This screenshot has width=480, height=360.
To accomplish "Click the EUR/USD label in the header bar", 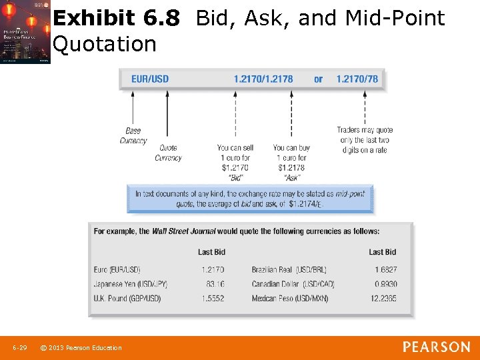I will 150,79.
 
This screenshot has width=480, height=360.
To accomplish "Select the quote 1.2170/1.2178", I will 263,79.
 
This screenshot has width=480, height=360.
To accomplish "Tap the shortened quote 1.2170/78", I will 357,79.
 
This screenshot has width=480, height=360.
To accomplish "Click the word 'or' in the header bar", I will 318,79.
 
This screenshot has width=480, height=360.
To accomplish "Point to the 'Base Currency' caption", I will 133,135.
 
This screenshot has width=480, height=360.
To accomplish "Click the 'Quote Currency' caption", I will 168,153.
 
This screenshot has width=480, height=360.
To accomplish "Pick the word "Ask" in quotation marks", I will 292,178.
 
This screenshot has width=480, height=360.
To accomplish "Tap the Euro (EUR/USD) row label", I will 117,270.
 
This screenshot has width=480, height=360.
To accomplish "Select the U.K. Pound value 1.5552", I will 213,298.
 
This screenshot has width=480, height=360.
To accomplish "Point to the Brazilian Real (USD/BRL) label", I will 289,270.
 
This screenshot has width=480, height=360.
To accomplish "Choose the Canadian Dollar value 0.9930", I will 385,284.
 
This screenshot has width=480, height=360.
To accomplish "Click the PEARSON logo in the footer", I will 436,347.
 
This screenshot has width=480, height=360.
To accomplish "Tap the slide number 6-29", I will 19,347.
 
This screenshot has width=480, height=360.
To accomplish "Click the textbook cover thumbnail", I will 25,31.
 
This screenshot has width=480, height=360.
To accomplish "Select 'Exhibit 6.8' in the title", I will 116,19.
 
